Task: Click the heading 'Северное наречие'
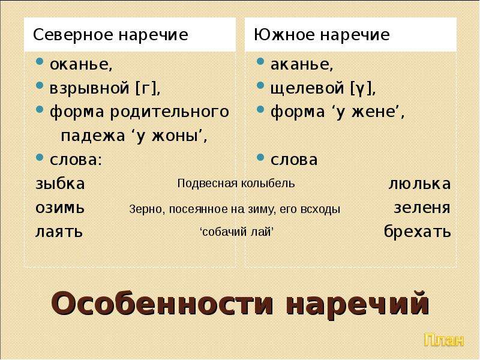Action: coord(110,35)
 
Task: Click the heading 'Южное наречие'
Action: coord(322,35)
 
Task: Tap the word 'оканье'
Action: coord(80,64)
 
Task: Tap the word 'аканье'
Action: coord(300,64)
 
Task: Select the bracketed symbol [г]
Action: coord(146,88)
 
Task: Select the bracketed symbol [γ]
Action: coord(361,89)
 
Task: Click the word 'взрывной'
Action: coord(89,89)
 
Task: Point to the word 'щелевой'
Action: coord(307,89)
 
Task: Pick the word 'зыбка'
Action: coord(60,184)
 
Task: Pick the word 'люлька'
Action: coord(419,184)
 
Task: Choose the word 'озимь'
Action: coord(60,208)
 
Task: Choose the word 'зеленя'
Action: coord(422,208)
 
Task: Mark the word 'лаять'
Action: coord(59,232)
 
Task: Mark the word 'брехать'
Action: coord(417,231)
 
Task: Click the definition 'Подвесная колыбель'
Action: coord(236,184)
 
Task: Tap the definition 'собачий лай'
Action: coord(236,232)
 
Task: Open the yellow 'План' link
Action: coord(444,340)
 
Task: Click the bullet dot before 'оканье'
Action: coord(40,62)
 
